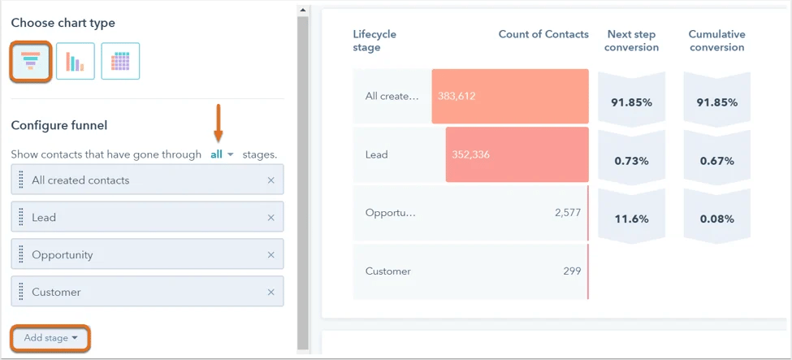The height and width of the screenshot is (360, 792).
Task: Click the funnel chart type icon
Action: [x=31, y=61]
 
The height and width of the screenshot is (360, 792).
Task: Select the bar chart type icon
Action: [x=76, y=61]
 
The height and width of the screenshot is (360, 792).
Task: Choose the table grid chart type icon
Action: [x=120, y=61]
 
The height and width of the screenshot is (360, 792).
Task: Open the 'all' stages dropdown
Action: [x=222, y=154]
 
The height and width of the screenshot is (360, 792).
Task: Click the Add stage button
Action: [x=50, y=338]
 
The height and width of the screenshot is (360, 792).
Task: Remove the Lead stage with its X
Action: [x=271, y=218]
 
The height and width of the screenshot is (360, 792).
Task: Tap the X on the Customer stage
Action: [x=271, y=293]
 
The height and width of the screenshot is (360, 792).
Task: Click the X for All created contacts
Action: [x=271, y=180]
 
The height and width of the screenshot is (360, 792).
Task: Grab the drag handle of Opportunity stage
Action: [x=21, y=255]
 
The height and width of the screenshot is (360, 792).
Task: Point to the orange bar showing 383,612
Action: [x=510, y=96]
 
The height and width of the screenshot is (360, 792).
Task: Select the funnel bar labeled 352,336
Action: [x=517, y=154]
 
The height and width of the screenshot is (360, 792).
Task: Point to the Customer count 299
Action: [x=573, y=271]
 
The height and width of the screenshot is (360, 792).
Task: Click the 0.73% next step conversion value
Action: [x=631, y=161]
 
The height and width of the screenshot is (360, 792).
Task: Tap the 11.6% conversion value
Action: [x=631, y=219]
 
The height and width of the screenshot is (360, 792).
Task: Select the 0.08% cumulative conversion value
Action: [x=716, y=219]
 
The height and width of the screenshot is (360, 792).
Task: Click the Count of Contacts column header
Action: [x=543, y=34]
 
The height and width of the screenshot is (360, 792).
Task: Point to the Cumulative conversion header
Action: [x=716, y=41]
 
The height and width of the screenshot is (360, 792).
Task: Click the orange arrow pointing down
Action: [x=218, y=122]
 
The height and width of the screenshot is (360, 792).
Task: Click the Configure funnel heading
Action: [x=59, y=125]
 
